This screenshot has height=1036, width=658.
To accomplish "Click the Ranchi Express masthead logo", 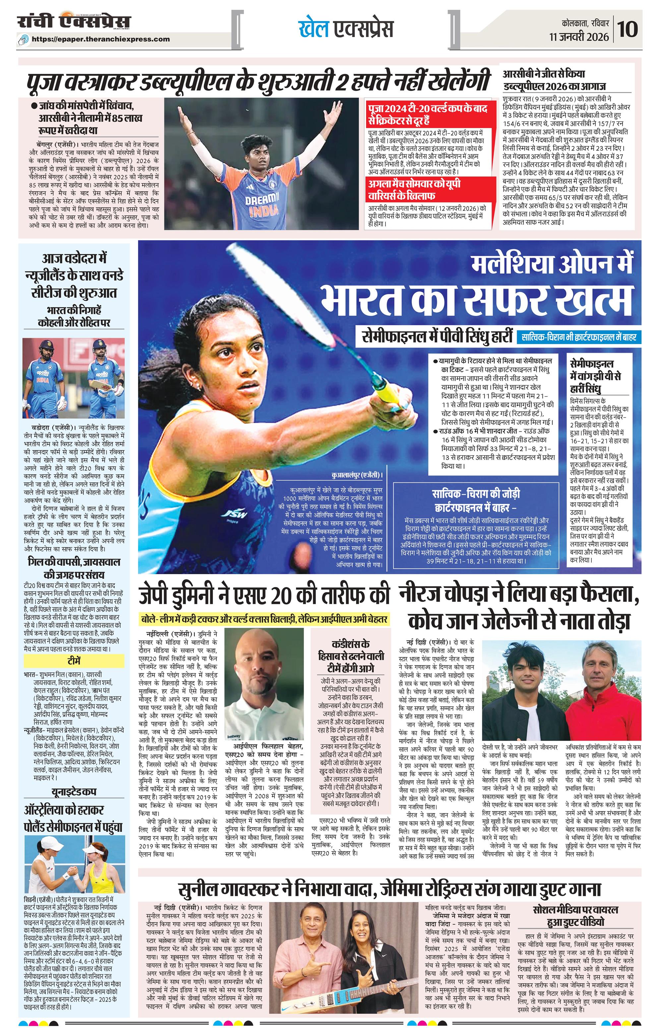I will click(x=74, y=23).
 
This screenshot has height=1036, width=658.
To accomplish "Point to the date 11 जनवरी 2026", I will click(x=579, y=37).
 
